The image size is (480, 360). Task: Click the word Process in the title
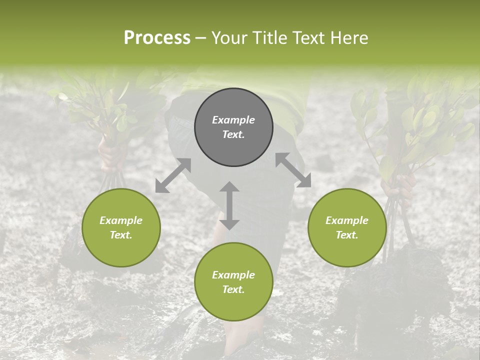(x=157, y=38)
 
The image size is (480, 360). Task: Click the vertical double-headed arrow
(x=229, y=205)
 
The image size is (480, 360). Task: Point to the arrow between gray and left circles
(x=173, y=175)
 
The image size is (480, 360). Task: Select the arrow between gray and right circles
(x=293, y=170)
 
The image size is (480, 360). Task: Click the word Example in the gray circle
(x=233, y=120)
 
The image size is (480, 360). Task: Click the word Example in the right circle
(x=347, y=220)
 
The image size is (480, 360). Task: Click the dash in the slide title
(x=200, y=38)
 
